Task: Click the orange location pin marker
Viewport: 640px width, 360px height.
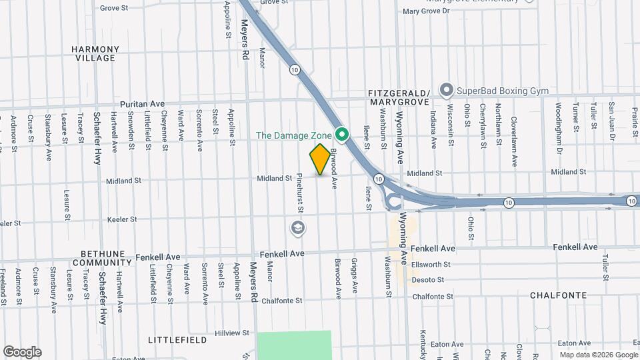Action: pos(320,159)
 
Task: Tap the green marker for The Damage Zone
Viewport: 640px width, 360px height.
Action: pos(343,135)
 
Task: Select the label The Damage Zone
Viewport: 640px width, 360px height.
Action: pos(294,135)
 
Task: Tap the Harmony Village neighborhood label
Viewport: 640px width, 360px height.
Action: pos(95,53)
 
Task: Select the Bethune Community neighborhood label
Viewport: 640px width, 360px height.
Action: pos(101,258)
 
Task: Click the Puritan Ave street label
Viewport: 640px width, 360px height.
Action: pos(142,104)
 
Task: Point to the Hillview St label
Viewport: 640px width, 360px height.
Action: pos(232,333)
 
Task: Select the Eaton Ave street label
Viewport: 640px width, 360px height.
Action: pos(447,344)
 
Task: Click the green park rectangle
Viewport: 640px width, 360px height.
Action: pos(294,345)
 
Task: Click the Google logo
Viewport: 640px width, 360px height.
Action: pos(22,352)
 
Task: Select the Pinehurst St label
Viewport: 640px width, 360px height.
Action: pos(301,194)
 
